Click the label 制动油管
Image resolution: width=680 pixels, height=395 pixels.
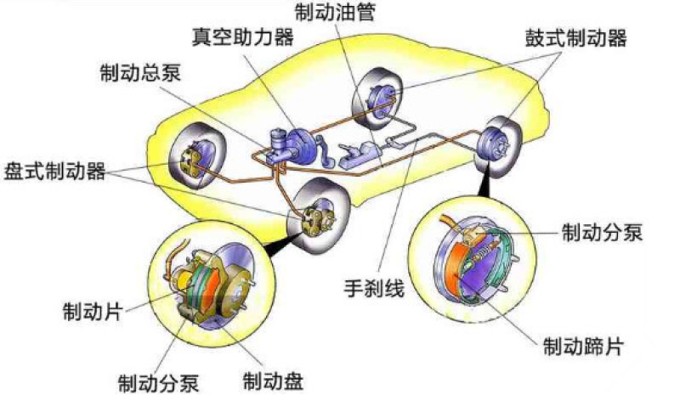[334, 12]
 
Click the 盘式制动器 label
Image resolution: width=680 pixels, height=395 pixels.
[54, 171]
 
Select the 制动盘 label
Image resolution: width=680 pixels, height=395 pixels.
[271, 376]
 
